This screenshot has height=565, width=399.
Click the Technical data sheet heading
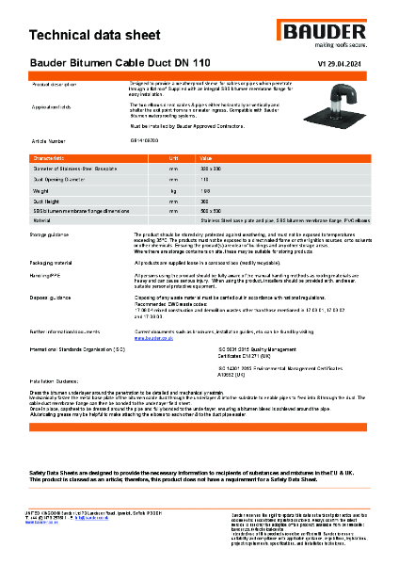91,36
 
